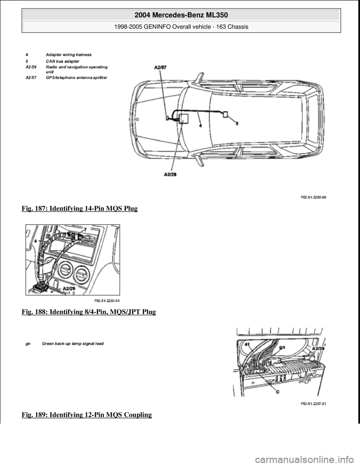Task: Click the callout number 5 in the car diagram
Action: pyautogui.click(x=237, y=123)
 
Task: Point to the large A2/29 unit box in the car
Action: pyautogui.click(x=184, y=119)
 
